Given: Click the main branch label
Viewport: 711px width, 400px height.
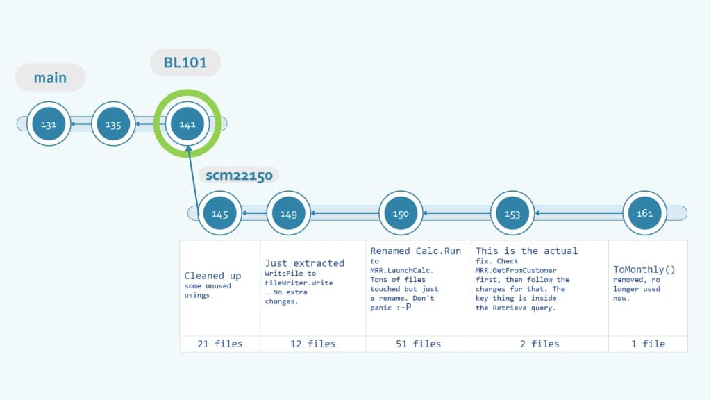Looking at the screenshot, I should tap(50, 78).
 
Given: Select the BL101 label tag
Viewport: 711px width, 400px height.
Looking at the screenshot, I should tap(185, 62).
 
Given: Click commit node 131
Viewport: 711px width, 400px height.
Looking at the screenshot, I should tap(49, 125).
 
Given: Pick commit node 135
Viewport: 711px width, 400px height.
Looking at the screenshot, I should tap(113, 125).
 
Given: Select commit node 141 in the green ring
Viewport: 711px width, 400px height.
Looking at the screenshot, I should tap(187, 125).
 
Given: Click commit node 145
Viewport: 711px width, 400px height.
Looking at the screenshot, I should tap(219, 214).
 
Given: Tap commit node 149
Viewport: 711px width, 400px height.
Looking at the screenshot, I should tap(289, 214).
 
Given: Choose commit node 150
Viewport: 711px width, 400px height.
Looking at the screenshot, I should tap(401, 214).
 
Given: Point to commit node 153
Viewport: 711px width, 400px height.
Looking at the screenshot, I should tap(512, 214).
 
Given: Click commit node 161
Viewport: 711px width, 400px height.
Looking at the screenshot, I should tap(644, 213).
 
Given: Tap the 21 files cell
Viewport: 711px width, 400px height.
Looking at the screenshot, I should tap(220, 344).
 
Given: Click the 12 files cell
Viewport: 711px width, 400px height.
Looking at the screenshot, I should tap(312, 344).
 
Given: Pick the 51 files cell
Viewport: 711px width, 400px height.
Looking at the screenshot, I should tap(418, 344).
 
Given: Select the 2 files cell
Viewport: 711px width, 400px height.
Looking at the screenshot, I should tap(539, 344).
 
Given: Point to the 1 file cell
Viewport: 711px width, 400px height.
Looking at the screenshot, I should tap(648, 344).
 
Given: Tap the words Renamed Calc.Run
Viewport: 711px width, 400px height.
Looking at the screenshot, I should tap(415, 251).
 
